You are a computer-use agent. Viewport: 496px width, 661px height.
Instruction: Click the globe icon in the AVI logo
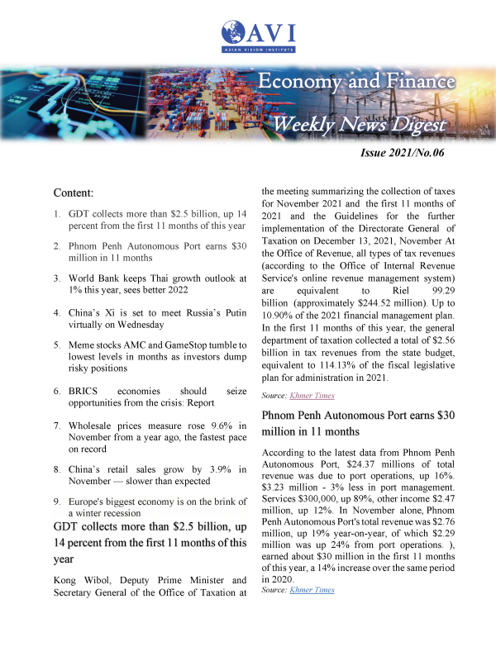point(233,35)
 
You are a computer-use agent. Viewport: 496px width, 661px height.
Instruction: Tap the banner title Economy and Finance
point(355,82)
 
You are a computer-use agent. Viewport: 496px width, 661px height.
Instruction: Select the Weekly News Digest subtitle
point(360,125)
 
